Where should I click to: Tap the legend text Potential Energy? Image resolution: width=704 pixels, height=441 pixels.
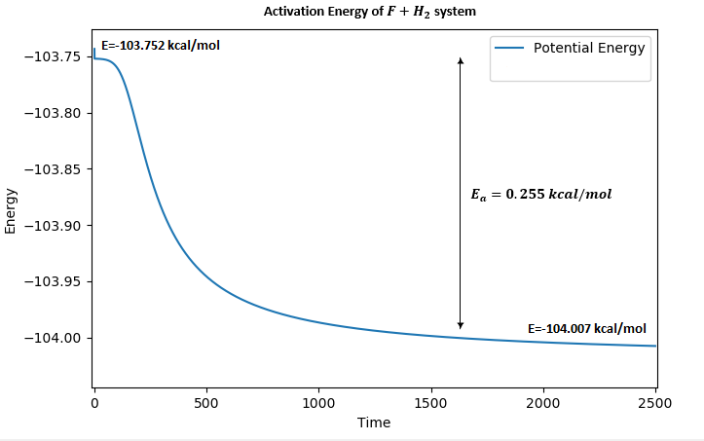click(x=589, y=48)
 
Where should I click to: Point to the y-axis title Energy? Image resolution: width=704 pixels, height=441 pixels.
click(x=11, y=210)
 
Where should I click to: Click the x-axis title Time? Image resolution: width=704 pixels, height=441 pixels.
click(x=374, y=423)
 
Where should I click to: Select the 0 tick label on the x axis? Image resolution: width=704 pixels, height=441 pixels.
click(x=94, y=403)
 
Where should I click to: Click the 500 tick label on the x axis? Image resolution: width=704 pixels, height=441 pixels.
click(x=206, y=403)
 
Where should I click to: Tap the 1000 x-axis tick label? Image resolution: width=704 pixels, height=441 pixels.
click(x=318, y=403)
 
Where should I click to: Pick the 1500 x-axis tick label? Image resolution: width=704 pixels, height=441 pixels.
click(x=430, y=403)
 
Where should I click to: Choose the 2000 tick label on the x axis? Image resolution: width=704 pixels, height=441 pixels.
click(x=542, y=403)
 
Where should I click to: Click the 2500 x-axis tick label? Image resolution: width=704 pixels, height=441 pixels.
click(x=654, y=403)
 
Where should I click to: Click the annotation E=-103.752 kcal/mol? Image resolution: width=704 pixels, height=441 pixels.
click(x=167, y=45)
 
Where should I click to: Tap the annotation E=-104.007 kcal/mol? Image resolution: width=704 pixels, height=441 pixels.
click(x=586, y=328)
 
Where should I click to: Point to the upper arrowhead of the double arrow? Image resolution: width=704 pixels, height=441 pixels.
click(x=461, y=60)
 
